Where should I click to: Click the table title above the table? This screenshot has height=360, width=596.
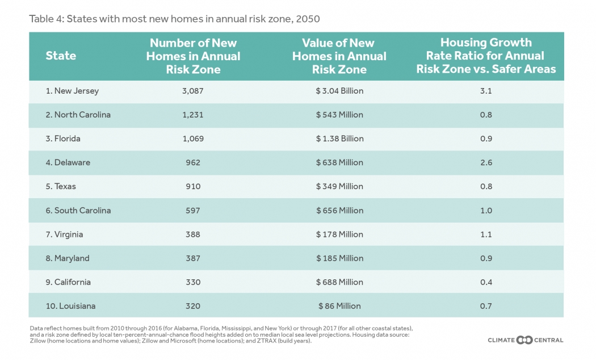174,19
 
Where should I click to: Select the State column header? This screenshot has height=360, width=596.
61,56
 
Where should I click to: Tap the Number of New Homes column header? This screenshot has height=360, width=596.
193,56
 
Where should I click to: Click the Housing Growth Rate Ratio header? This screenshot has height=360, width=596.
486,56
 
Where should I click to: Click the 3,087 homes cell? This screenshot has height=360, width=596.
193,91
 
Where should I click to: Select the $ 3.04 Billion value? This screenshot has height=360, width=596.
340,91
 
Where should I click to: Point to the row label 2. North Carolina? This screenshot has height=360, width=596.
78,115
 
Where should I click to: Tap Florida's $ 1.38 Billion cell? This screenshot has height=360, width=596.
340,139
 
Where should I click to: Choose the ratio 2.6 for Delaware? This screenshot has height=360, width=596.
486,162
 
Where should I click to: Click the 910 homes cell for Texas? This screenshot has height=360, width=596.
193,186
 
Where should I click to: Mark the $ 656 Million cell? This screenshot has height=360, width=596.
340,210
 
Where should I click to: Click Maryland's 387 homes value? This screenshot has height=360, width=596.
193,258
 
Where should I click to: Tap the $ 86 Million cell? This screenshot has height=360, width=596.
340,305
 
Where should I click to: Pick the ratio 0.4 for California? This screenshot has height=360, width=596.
486,282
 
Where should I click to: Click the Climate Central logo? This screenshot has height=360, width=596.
526,340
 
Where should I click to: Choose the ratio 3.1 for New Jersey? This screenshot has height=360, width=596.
486,91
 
